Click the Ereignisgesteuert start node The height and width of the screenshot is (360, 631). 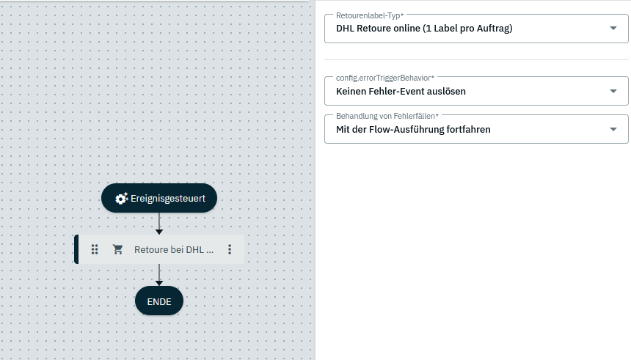159,198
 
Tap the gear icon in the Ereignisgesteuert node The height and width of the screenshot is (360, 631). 122,198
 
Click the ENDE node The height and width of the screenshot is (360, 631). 159,301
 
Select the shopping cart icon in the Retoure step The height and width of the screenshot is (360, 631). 117,249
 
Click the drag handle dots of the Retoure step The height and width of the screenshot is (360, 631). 95,249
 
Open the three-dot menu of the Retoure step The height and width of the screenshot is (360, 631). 230,249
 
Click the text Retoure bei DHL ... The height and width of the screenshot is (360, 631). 173,249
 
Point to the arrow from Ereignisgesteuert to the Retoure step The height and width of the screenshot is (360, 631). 159,224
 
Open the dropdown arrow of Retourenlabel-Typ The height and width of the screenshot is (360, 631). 613,29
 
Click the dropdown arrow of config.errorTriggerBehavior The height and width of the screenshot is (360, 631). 613,92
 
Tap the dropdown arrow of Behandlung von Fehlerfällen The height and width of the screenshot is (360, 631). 613,129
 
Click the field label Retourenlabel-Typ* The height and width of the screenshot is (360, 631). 370,15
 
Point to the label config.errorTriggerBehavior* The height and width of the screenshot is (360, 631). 384,77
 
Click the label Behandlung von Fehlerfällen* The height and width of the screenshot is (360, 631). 387,115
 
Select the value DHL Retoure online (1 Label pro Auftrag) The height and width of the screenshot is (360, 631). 424,29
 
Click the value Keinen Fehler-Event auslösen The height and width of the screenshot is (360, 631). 401,92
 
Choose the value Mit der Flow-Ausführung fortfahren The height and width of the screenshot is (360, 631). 413,129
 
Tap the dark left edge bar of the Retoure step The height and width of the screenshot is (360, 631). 76,249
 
